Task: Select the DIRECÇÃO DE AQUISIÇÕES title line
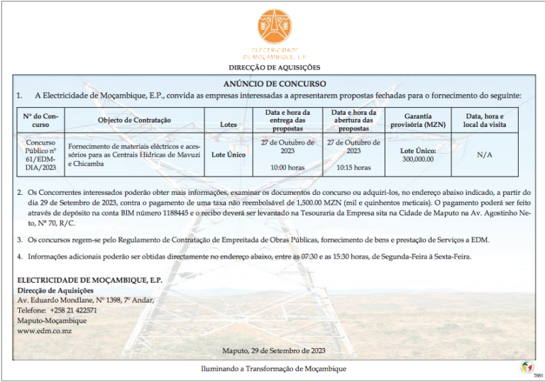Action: coord(273,68)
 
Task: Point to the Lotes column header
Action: coord(229,125)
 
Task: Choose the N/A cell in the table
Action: coord(485,154)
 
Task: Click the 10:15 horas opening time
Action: coord(353,168)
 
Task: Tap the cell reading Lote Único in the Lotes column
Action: coord(229,154)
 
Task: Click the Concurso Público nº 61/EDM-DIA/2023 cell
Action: coord(40,154)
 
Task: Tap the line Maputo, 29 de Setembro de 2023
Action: coord(273,351)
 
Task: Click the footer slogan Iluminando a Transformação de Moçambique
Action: coord(273,369)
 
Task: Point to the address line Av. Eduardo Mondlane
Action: coord(85,300)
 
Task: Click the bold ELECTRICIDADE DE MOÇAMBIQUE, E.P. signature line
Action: coord(89,280)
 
